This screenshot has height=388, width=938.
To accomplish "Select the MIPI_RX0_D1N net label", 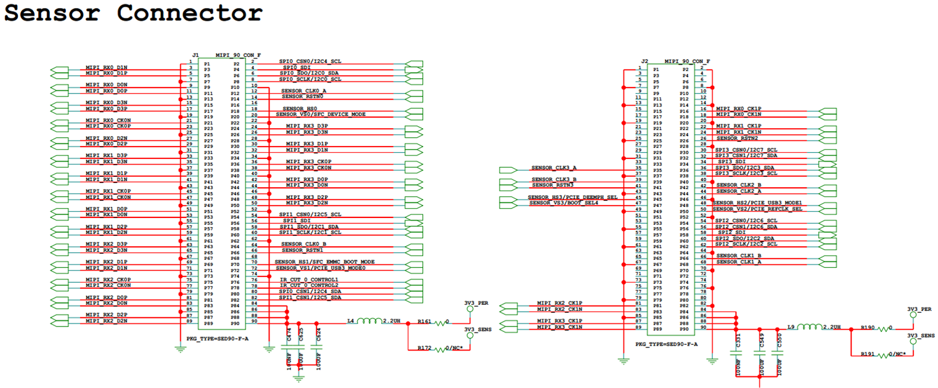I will tap(107, 67).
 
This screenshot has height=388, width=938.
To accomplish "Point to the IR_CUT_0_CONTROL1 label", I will tap(309, 280).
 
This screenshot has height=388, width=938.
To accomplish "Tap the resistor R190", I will tap(884, 328).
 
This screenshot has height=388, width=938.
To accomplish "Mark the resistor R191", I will tap(884, 355).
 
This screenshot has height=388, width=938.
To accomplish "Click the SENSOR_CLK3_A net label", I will tap(554, 168).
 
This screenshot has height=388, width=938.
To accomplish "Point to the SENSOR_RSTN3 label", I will tap(553, 185).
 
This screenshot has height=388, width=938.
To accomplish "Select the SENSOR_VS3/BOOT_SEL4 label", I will tap(563, 203).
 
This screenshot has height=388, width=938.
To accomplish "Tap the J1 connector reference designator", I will tap(195, 55).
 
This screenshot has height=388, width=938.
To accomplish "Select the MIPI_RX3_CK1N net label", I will tap(559, 327).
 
